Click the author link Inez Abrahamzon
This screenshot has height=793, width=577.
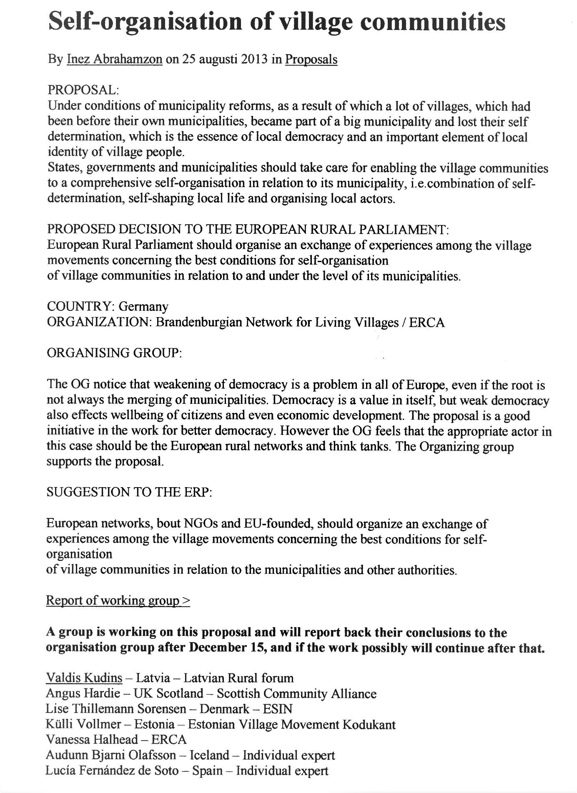pyautogui.click(x=114, y=59)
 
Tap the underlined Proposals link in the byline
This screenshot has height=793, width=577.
pyautogui.click(x=311, y=59)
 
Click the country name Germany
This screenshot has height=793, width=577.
pyautogui.click(x=143, y=307)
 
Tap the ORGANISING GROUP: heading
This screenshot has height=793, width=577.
pyautogui.click(x=114, y=353)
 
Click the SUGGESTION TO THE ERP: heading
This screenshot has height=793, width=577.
pyautogui.click(x=129, y=492)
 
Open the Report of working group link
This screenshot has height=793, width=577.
pyautogui.click(x=118, y=600)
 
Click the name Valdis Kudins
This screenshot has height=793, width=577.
pyautogui.click(x=84, y=678)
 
